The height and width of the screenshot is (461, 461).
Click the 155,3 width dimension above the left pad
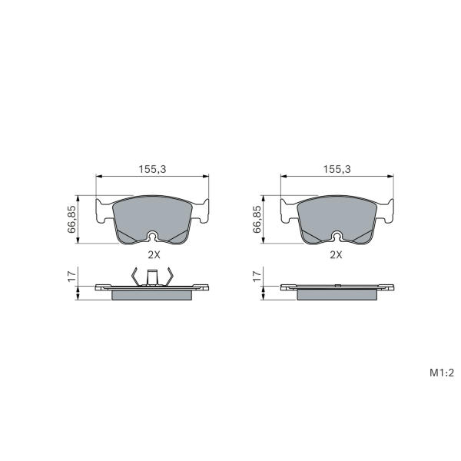click(x=152, y=169)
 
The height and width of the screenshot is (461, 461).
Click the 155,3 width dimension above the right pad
click(x=337, y=169)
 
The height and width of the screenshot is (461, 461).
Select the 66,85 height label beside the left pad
click(x=71, y=219)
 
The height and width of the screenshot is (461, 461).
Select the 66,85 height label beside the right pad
click(x=257, y=219)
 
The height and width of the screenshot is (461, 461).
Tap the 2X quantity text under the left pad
click(x=154, y=255)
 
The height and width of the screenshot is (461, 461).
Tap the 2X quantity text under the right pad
click(x=336, y=255)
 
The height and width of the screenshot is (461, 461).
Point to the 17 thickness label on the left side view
click(x=71, y=277)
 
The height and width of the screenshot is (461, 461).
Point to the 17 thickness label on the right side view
click(x=257, y=277)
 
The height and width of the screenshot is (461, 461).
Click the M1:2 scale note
click(x=442, y=373)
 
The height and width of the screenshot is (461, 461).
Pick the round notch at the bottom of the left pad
click(x=152, y=236)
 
